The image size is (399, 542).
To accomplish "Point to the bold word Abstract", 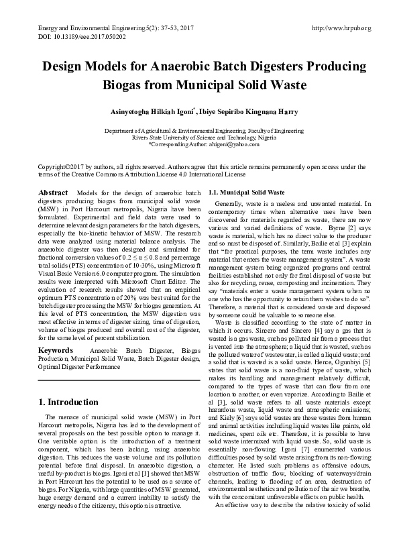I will pyautogui.click(x=53, y=193).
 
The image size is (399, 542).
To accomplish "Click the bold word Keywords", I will pyautogui.click(x=56, y=350).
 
